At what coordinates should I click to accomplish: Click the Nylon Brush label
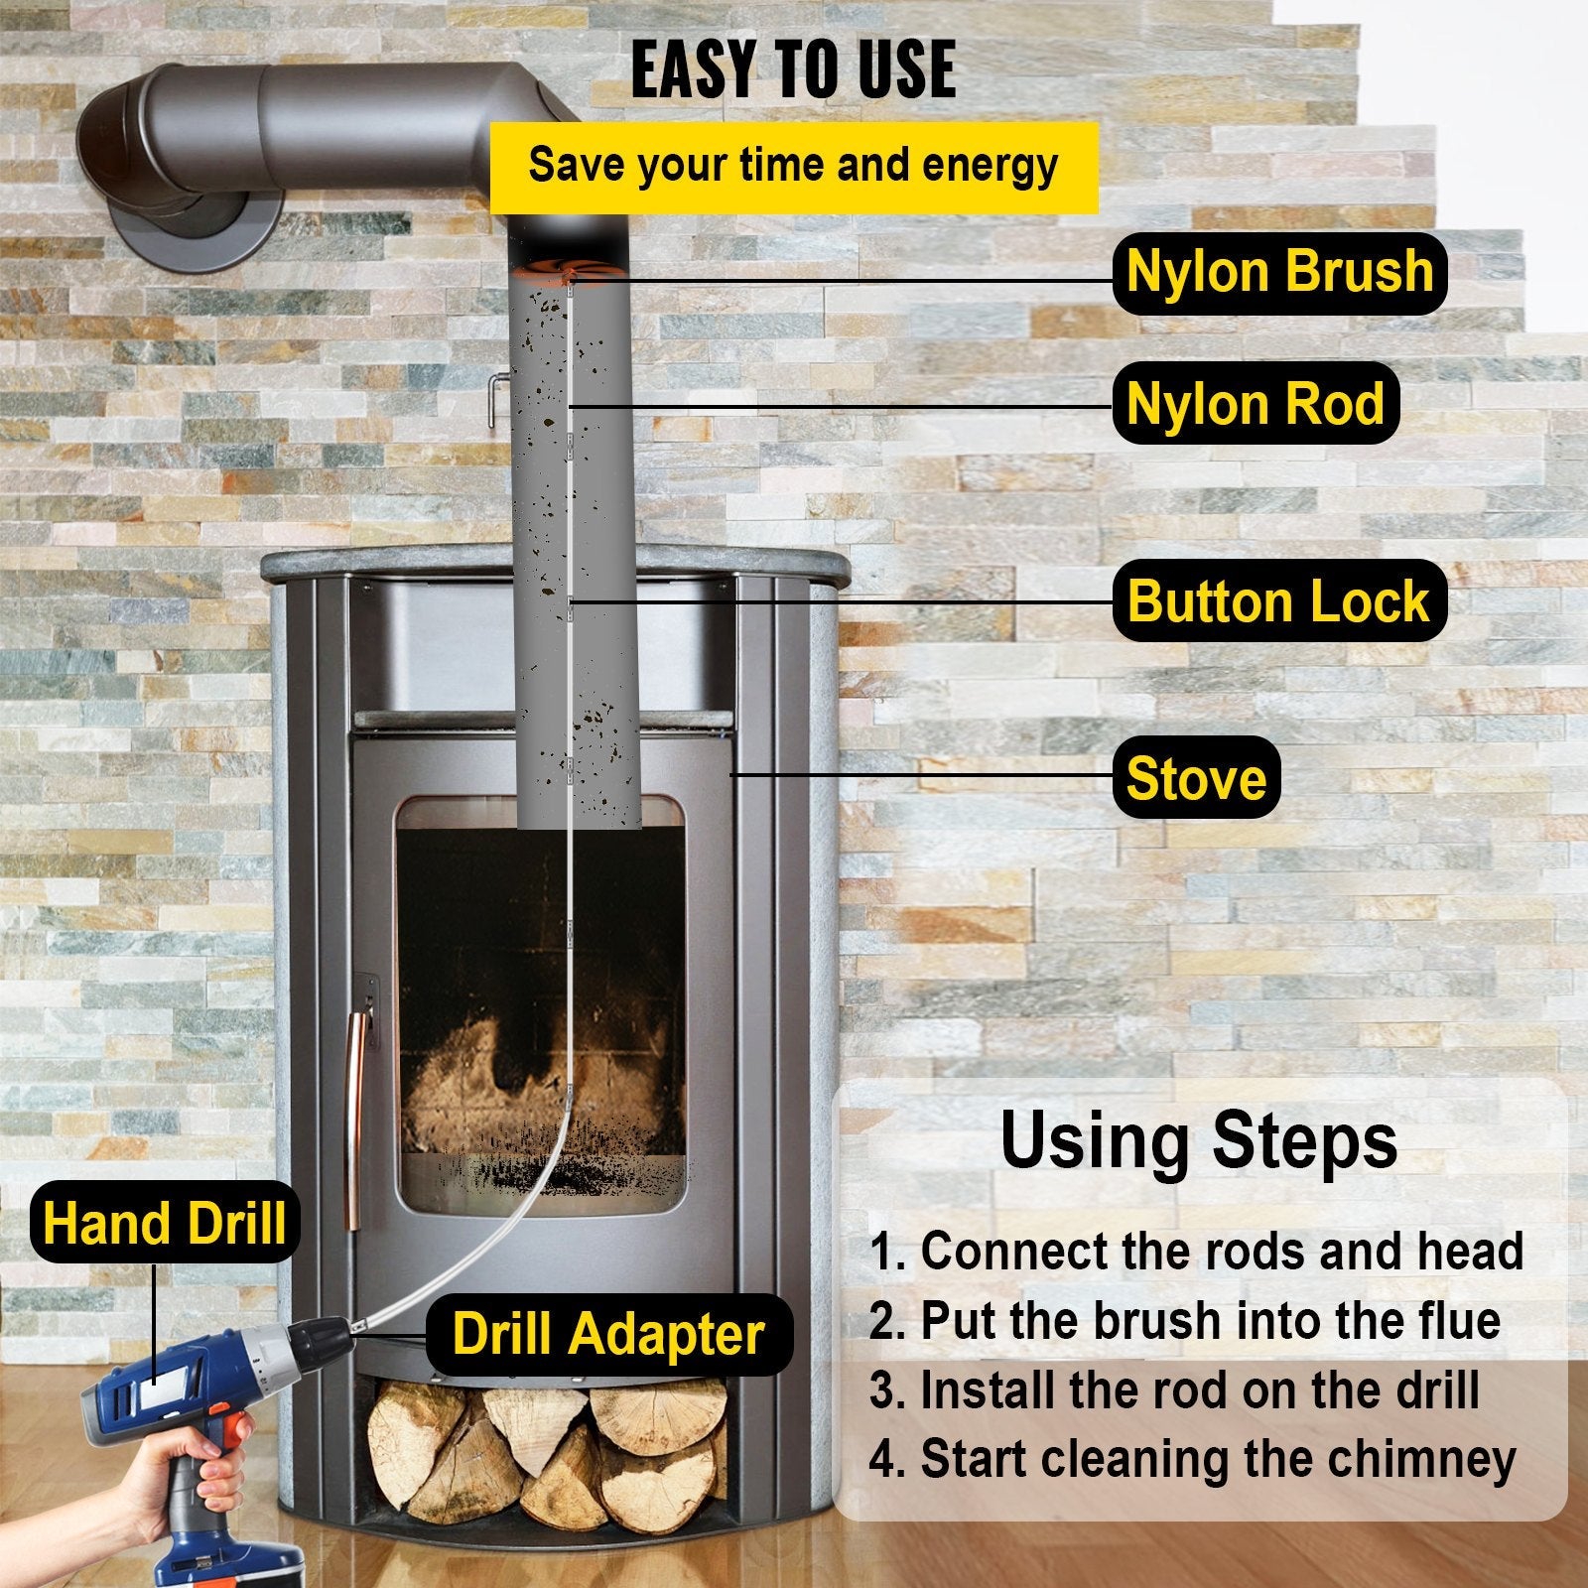tap(1279, 273)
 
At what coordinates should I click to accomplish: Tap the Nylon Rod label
tap(1255, 404)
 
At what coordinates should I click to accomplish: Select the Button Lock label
tap(1278, 601)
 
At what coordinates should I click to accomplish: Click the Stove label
tap(1196, 778)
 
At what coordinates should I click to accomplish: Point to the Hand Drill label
tap(164, 1223)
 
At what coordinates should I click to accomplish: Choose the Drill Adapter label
tap(608, 1334)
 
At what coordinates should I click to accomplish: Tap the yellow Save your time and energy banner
tap(793, 166)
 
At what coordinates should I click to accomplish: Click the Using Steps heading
tap(1198, 1141)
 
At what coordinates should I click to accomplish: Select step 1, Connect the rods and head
tap(1196, 1252)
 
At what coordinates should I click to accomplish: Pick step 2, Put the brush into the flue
tap(1184, 1321)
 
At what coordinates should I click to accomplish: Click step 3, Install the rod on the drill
tap(1174, 1390)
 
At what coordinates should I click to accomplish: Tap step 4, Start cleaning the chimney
tap(1192, 1460)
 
